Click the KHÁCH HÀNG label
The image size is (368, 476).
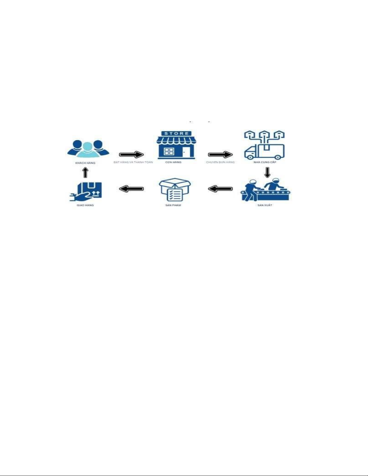85,163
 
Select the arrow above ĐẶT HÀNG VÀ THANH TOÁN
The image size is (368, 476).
132,155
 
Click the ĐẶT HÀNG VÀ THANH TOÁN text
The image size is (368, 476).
133,162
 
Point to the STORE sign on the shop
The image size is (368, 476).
177,133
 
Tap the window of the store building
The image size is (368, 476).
169,151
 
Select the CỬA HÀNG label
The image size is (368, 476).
173,162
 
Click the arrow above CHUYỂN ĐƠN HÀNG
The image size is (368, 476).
220,155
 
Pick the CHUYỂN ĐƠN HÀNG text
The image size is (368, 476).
220,162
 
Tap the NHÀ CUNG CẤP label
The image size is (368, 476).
265,162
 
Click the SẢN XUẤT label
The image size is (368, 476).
265,205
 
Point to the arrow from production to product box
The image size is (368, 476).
220,189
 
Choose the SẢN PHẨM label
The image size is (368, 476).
173,205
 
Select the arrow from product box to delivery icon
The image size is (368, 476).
131,189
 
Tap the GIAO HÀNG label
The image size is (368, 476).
85,205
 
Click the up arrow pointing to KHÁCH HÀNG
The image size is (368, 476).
85,172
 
